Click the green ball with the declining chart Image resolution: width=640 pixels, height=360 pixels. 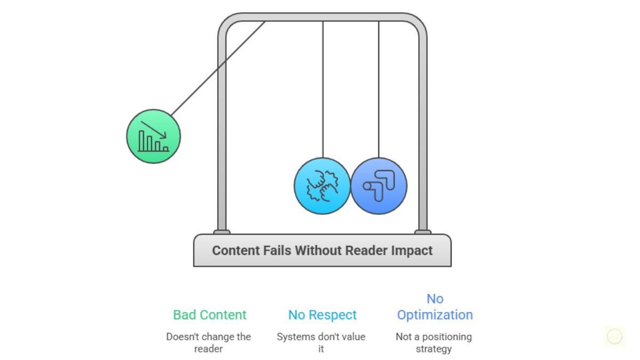click(153, 137)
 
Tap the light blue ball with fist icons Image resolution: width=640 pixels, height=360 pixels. click(322, 186)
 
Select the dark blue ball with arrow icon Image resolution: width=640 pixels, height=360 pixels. click(379, 186)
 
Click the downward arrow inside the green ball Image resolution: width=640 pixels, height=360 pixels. click(155, 130)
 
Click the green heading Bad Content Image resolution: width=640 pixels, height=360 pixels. click(210, 315)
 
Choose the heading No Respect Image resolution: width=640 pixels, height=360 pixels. click(322, 315)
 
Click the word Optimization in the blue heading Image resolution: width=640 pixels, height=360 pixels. click(435, 315)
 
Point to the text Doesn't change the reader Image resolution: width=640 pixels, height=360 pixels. click(209, 342)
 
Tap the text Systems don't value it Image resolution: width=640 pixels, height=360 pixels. click(321, 342)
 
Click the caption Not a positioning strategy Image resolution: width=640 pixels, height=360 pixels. click(434, 342)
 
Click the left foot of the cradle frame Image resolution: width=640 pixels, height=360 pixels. click(222, 232)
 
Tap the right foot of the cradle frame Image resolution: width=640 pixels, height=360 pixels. click(423, 232)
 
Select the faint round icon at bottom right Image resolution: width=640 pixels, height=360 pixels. click(614, 337)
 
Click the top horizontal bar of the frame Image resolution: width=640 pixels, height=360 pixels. click(322, 17)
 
